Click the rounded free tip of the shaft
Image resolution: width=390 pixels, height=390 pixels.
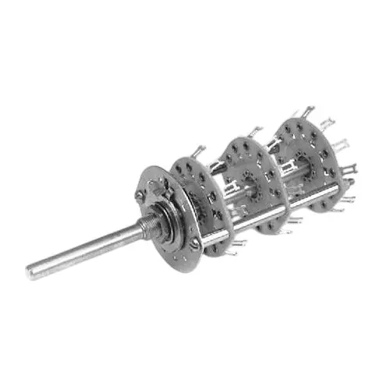click(32, 272)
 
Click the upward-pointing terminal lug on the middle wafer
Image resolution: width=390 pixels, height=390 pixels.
click(255, 131)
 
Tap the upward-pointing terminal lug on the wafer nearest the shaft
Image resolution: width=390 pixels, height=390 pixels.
click(201, 151)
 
